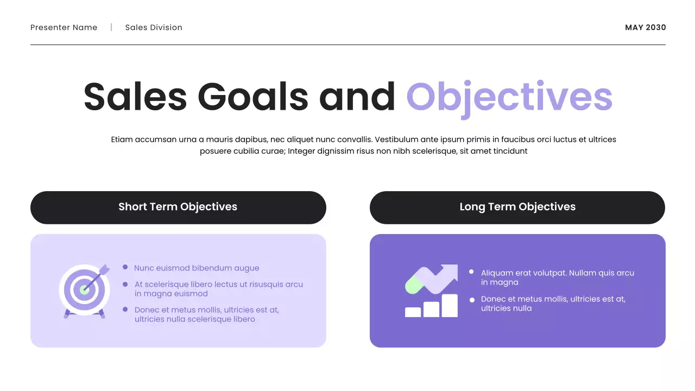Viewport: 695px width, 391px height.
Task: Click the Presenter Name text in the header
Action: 64,28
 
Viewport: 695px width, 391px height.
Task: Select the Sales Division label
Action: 154,28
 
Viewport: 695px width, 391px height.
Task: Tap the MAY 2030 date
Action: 645,28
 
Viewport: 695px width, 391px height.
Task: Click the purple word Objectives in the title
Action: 509,97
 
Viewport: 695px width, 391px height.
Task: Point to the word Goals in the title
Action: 252,97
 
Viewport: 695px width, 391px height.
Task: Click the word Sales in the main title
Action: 135,97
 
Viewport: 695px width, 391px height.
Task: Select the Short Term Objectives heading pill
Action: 178,207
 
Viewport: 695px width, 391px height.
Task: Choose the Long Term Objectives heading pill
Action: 517,207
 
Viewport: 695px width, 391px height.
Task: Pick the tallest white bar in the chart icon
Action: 450,306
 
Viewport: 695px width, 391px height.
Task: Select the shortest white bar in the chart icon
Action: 413,312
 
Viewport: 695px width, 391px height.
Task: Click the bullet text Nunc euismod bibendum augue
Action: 197,268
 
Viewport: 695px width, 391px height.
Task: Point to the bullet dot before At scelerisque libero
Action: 125,284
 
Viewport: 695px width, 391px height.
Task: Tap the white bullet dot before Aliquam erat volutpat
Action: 471,272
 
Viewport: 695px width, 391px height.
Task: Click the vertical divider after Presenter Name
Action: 111,27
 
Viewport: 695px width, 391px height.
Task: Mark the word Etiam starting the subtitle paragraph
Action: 122,140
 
